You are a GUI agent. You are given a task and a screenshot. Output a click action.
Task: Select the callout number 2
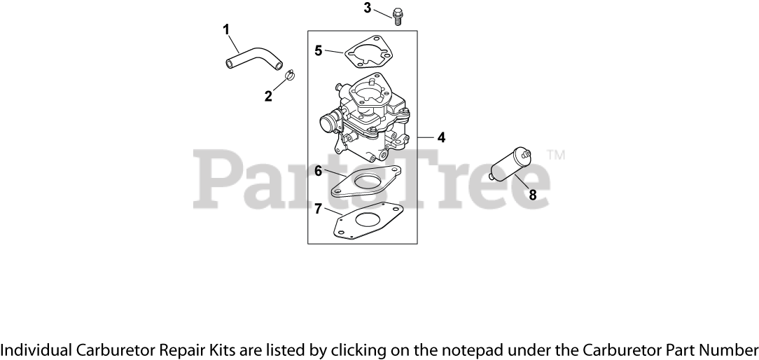coord(268,96)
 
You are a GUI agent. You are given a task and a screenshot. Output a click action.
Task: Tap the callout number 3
coord(367,8)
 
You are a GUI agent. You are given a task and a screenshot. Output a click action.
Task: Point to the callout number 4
coord(441,138)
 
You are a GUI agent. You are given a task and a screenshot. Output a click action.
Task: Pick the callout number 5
coord(319,50)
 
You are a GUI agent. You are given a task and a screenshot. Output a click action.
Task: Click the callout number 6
coord(318,170)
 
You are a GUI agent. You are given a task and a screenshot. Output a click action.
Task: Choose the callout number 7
coord(318,209)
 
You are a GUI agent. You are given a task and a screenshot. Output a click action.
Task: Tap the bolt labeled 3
coord(398,15)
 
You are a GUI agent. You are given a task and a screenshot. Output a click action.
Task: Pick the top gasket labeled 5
coord(368,51)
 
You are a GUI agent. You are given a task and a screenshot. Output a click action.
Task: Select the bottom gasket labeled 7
coord(368,221)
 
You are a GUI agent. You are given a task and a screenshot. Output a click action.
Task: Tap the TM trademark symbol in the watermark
coord(556,154)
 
